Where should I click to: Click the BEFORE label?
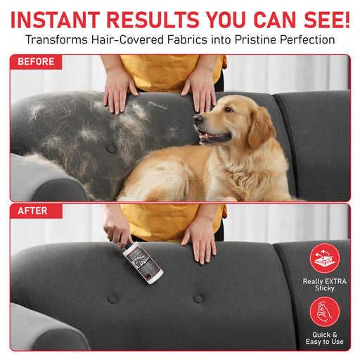36,62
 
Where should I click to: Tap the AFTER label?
32,211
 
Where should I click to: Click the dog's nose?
198,118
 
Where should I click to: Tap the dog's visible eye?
229,109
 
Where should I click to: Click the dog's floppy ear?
262,128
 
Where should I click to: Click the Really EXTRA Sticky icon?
325,258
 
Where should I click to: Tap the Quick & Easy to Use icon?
325,311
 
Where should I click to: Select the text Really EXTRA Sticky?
325,285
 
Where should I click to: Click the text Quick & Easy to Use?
325,338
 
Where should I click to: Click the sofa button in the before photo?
111,148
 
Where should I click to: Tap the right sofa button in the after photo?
198,299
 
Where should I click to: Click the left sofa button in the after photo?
112,299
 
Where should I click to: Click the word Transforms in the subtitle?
56,39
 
